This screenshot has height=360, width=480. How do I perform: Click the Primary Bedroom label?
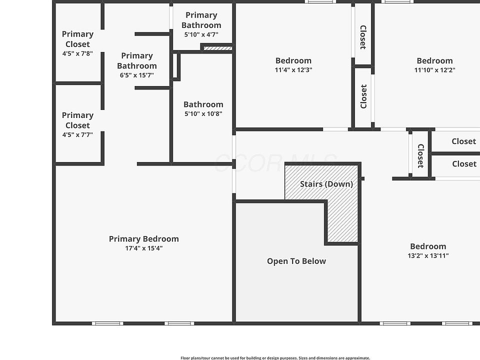coord(143,239)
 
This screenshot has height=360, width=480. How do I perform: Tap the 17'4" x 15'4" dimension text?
coord(143,248)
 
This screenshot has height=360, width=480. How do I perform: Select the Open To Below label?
coord(296,261)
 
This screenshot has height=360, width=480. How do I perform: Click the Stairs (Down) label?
coord(326,184)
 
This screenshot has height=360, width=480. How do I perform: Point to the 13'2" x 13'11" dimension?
coord(428,255)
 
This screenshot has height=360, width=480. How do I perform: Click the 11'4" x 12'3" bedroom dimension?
coord(293,70)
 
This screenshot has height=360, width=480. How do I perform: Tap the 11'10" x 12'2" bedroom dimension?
coord(434,70)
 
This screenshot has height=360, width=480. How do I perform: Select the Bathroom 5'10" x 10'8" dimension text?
coord(203,113)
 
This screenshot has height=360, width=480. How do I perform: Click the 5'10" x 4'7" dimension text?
coord(201,34)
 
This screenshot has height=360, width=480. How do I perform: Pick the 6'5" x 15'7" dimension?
coord(136,75)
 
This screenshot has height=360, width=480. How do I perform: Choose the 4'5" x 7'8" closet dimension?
coord(77,53)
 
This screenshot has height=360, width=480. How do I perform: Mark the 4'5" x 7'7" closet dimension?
coord(77,134)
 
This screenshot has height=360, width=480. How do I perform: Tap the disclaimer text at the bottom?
coord(275,357)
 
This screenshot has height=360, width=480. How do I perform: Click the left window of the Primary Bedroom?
coord(107,323)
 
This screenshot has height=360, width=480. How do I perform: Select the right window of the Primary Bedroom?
coord(179,323)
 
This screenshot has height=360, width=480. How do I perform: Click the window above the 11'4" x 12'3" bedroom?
coord(320,1)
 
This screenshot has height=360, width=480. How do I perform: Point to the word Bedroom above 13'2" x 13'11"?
coord(428,246)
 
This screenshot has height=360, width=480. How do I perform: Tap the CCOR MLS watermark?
coord(275,162)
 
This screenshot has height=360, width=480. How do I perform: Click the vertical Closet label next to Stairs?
coord(420,155)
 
